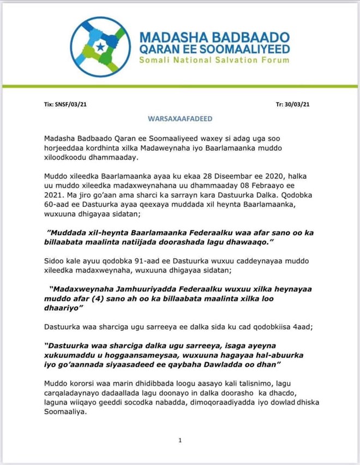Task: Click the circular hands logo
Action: pyautogui.click(x=100, y=46)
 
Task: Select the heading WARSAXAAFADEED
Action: pyautogui.click(x=180, y=118)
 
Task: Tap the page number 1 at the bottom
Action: pyautogui.click(x=179, y=440)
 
